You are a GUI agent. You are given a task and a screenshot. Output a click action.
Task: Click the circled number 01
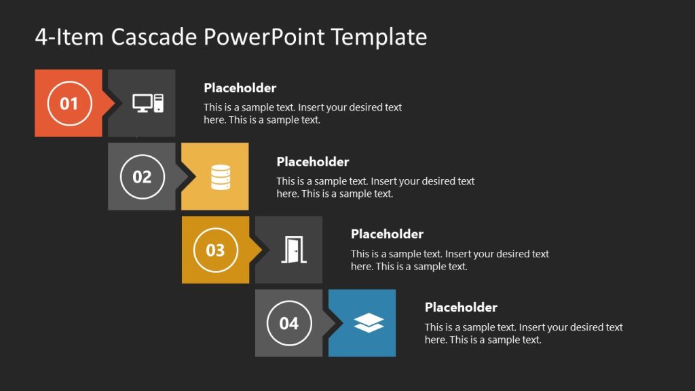tap(69, 103)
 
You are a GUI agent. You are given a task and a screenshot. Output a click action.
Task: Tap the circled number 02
tap(142, 176)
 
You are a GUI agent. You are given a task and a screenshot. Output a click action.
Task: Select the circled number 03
tap(215, 250)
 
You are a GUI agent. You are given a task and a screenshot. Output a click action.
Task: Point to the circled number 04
tap(289, 323)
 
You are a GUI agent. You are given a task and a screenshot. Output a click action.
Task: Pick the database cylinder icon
tap(221, 176)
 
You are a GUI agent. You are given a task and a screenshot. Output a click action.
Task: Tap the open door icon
tap(294, 250)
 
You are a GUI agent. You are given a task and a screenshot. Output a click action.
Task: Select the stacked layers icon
tap(369, 323)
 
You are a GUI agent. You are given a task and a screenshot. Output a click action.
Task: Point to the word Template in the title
tap(379, 37)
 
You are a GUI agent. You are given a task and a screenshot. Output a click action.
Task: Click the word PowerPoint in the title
tap(265, 37)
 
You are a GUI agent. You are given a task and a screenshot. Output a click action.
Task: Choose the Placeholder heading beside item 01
tap(240, 88)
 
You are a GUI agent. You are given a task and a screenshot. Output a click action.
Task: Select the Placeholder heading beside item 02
tap(313, 162)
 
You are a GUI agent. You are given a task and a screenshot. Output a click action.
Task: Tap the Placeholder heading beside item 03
tap(387, 234)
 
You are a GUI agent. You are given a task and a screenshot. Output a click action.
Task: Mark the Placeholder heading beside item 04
tap(461, 308)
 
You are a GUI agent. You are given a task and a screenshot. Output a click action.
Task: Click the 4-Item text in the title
tap(69, 37)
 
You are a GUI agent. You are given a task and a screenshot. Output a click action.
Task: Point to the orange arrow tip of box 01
tap(109, 103)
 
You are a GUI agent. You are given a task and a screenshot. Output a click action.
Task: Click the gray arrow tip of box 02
tap(183, 176)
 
